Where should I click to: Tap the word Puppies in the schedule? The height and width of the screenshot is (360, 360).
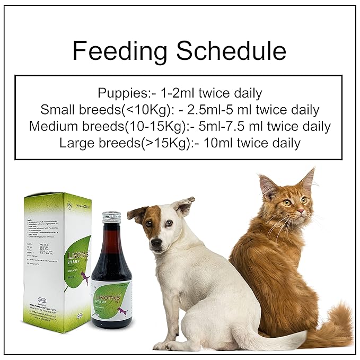[120, 93]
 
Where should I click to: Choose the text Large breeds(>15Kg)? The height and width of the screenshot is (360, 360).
[119, 143]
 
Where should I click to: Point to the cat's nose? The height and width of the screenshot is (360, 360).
[300, 210]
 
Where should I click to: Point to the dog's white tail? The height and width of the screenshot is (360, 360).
[281, 339]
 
